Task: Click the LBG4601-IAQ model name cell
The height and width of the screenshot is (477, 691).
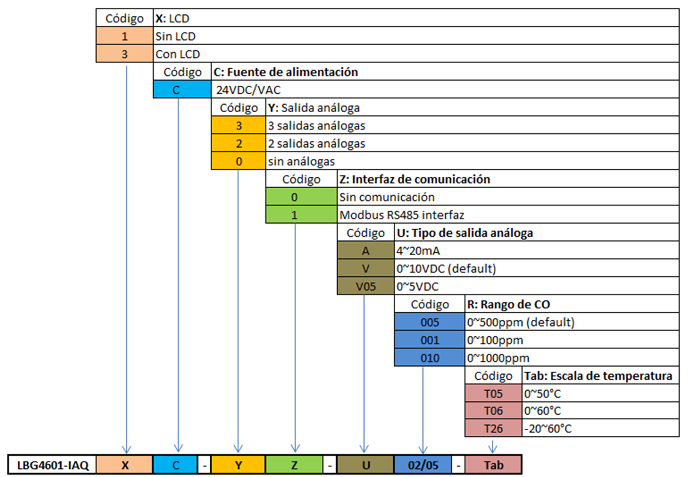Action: pos(52,464)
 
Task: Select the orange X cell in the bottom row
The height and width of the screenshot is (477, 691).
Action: pos(125,464)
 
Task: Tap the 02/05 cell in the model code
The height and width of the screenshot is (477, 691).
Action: pos(422,464)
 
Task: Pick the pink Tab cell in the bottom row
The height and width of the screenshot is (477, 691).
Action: pos(493,464)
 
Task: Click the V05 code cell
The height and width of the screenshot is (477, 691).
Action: pos(366,286)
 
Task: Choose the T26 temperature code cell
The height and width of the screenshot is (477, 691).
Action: pos(493,428)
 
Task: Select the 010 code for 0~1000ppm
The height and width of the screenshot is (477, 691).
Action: pos(429,358)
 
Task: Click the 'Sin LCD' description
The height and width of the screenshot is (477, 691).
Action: pos(175,37)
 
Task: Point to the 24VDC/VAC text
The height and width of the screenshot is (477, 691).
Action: pos(248,90)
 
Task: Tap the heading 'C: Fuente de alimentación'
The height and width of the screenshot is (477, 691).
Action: pos(286,72)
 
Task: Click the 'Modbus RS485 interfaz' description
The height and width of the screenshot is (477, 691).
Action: pos(402,215)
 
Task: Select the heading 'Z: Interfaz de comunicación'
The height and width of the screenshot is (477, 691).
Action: pos(414,179)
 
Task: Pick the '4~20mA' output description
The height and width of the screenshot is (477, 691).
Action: pos(418,251)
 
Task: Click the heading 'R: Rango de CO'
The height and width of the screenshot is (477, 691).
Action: pos(508,304)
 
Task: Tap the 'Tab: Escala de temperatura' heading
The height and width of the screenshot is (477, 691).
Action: pos(598,376)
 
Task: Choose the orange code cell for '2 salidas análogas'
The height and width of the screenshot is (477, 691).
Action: pos(238,143)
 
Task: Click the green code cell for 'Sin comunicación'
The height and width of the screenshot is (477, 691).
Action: pos(301,197)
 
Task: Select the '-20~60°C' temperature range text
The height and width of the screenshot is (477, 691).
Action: pos(548,428)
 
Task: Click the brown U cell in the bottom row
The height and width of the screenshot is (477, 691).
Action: pos(366,464)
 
